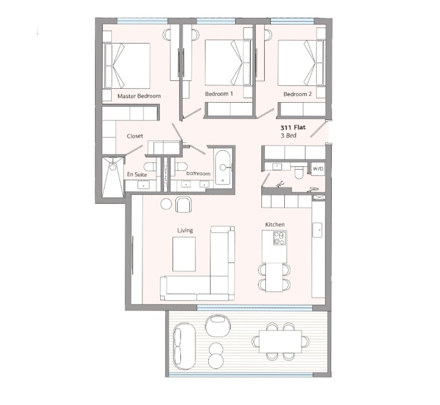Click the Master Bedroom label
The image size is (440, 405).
[x=139, y=96]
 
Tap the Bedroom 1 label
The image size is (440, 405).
[x=219, y=94]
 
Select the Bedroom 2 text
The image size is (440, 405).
[x=298, y=94]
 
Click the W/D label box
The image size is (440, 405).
[x=318, y=168]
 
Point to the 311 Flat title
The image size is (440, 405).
[x=293, y=128]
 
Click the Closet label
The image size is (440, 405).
[x=135, y=136]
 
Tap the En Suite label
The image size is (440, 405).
[x=137, y=175]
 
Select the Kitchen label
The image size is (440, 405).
[x=275, y=224]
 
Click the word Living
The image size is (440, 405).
[x=185, y=230]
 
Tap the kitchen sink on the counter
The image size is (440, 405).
[x=317, y=230]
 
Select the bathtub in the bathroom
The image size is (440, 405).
[x=223, y=167]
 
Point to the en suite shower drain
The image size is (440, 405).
[x=113, y=167]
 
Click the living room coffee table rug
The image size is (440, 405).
[x=184, y=254]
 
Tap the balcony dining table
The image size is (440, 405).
[x=280, y=341]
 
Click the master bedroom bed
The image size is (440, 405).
[x=127, y=65]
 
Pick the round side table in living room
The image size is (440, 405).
[x=166, y=204]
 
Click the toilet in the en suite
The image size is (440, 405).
[x=150, y=166]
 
